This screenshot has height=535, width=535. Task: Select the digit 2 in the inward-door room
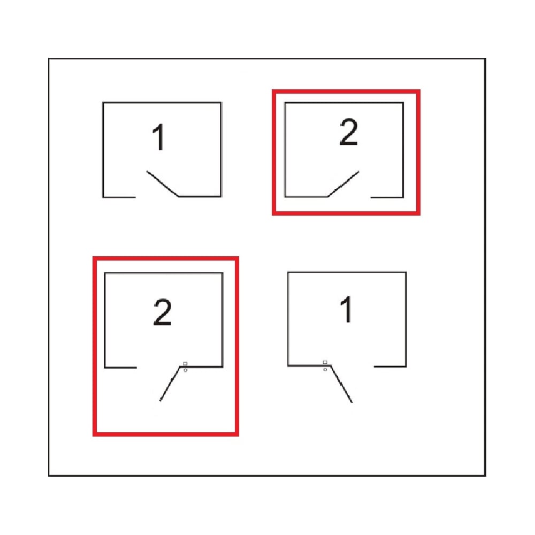(348, 132)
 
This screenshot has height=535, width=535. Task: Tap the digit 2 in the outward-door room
(163, 312)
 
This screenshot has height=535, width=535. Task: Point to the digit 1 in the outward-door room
(347, 309)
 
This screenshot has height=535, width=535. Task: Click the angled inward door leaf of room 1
(163, 184)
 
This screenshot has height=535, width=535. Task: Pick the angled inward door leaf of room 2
(343, 184)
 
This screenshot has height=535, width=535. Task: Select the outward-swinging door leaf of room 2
(170, 384)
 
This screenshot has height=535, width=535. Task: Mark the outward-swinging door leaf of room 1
(341, 384)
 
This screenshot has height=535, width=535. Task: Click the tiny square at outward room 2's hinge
(185, 364)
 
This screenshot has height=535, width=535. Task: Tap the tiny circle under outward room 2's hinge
(185, 370)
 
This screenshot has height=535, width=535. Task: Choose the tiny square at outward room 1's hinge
(325, 362)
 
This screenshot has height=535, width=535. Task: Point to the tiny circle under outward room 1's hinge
(325, 369)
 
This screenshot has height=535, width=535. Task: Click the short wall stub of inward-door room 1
(119, 197)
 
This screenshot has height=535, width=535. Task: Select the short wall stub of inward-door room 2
(387, 197)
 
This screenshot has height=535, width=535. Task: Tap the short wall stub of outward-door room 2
(121, 368)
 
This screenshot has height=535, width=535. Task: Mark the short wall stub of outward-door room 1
(390, 367)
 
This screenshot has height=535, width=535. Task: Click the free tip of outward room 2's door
(159, 401)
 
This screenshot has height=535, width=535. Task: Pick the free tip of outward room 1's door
(352, 402)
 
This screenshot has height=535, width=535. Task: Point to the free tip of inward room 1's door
(147, 171)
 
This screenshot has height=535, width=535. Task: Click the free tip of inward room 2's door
(359, 171)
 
